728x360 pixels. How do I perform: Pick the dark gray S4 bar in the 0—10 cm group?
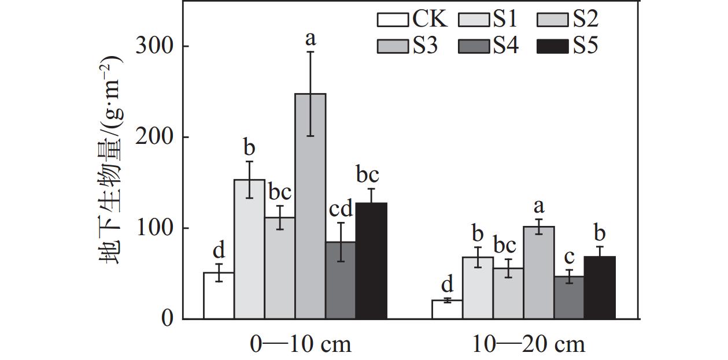tap(341, 280)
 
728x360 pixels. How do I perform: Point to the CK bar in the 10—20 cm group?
tap(447, 310)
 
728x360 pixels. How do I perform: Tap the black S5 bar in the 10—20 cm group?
tap(600, 288)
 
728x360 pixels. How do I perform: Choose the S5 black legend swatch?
tap(553, 46)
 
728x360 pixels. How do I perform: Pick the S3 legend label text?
tap(425, 46)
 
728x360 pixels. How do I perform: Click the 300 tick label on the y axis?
tap(154, 46)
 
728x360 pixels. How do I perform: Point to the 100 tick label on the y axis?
tap(154, 228)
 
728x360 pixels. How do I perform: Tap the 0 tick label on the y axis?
tap(167, 319)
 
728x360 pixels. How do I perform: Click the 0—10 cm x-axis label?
tap(300, 345)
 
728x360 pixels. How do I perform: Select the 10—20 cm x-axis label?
tap(529, 345)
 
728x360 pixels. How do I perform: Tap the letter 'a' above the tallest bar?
tap(311, 39)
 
